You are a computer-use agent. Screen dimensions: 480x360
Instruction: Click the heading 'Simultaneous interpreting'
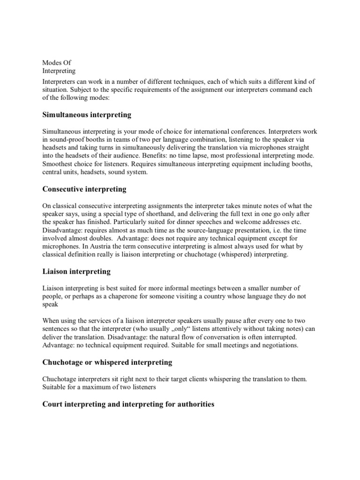click(x=87, y=114)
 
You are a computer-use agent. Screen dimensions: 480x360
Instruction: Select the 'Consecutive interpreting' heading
click(x=84, y=189)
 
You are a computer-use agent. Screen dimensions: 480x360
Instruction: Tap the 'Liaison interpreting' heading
click(x=76, y=271)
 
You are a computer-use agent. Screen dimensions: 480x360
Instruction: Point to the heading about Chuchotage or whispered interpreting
click(x=107, y=362)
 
